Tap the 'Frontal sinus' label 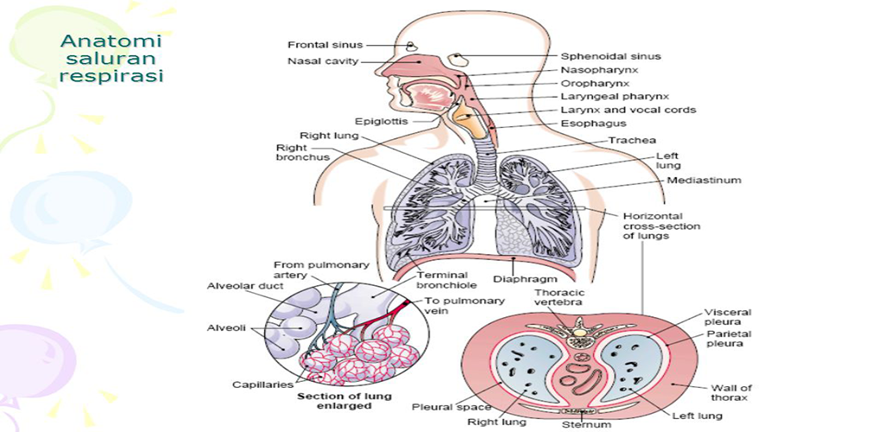tap(325, 45)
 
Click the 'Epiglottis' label tap(381, 121)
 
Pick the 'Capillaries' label tap(262, 384)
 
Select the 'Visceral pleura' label tap(728, 318)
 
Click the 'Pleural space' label tap(440, 407)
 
